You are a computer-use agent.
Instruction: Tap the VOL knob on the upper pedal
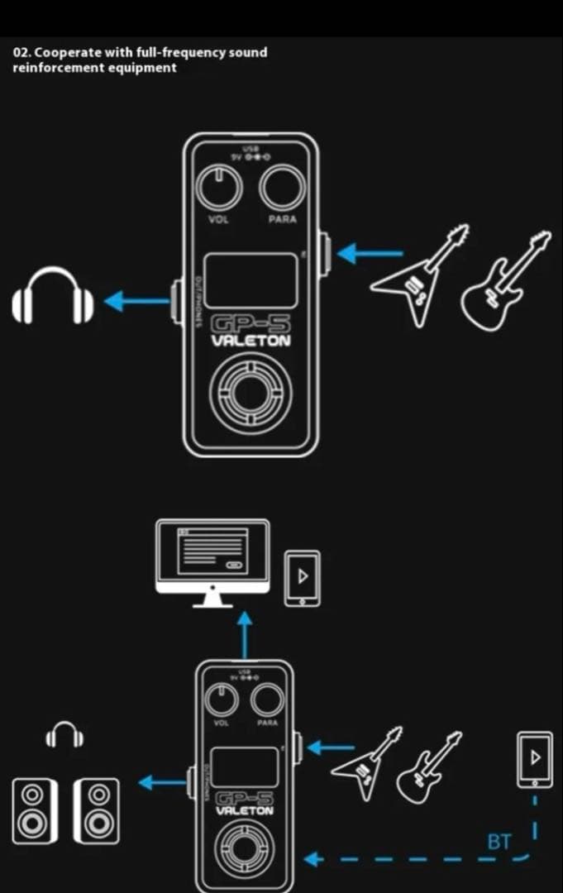click(x=218, y=188)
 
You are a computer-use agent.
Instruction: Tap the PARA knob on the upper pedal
click(x=282, y=188)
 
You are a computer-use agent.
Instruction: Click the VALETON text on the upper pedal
click(x=251, y=341)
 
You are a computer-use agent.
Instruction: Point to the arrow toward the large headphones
click(x=137, y=300)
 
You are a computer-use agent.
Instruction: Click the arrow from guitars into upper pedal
click(x=369, y=252)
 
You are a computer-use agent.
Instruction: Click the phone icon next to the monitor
click(x=302, y=577)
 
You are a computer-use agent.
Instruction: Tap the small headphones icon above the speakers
click(x=63, y=733)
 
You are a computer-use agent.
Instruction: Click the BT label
click(x=499, y=843)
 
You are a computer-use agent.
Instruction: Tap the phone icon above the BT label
click(x=535, y=759)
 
